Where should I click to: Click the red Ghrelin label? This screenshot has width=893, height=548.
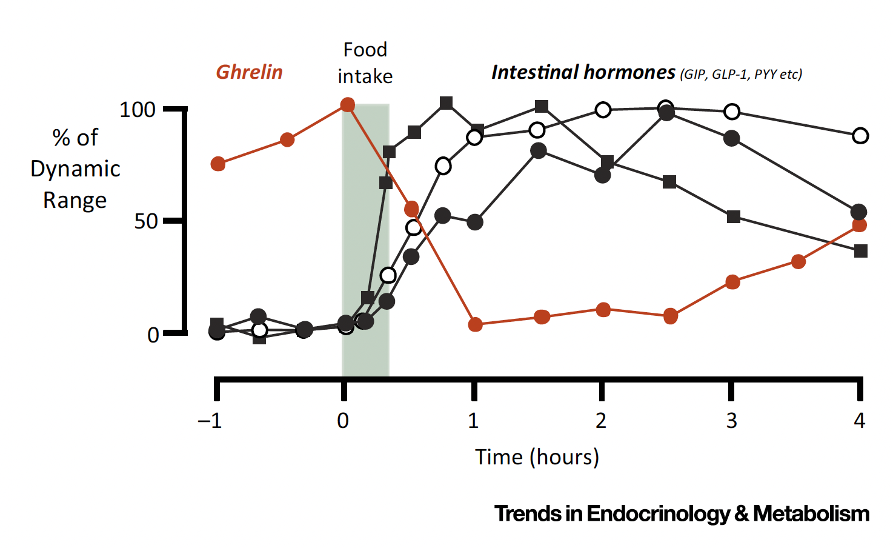[x=249, y=72]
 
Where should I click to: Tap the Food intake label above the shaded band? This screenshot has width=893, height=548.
[x=365, y=63]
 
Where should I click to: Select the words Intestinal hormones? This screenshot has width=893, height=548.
[x=583, y=72]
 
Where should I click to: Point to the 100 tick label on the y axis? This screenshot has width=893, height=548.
[x=138, y=110]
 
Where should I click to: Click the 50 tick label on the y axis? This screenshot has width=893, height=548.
[x=145, y=221]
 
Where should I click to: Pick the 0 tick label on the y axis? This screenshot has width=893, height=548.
[x=153, y=335]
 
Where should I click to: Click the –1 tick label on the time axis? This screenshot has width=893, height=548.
[x=210, y=420]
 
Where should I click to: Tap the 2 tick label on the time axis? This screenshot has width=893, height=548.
[x=600, y=420]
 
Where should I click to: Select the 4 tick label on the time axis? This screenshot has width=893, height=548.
[x=859, y=420]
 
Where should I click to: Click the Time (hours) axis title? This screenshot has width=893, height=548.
[x=537, y=456]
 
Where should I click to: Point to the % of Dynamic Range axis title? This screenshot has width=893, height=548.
[x=75, y=169]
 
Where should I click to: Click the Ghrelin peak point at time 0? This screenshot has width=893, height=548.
[x=347, y=105]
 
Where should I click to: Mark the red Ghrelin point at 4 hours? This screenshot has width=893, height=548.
[x=859, y=226]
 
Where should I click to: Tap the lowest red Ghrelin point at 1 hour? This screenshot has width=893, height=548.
[x=475, y=324]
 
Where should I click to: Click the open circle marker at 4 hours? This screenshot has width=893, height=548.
[x=860, y=136]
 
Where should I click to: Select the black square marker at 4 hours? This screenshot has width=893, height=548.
[x=860, y=250]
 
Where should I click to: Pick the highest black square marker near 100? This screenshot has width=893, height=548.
[x=446, y=103]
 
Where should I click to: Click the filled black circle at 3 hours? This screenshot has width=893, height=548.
[x=732, y=138]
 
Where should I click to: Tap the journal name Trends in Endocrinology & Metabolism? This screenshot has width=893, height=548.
[x=682, y=513]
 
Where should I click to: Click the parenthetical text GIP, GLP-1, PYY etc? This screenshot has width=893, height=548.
[x=741, y=75]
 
